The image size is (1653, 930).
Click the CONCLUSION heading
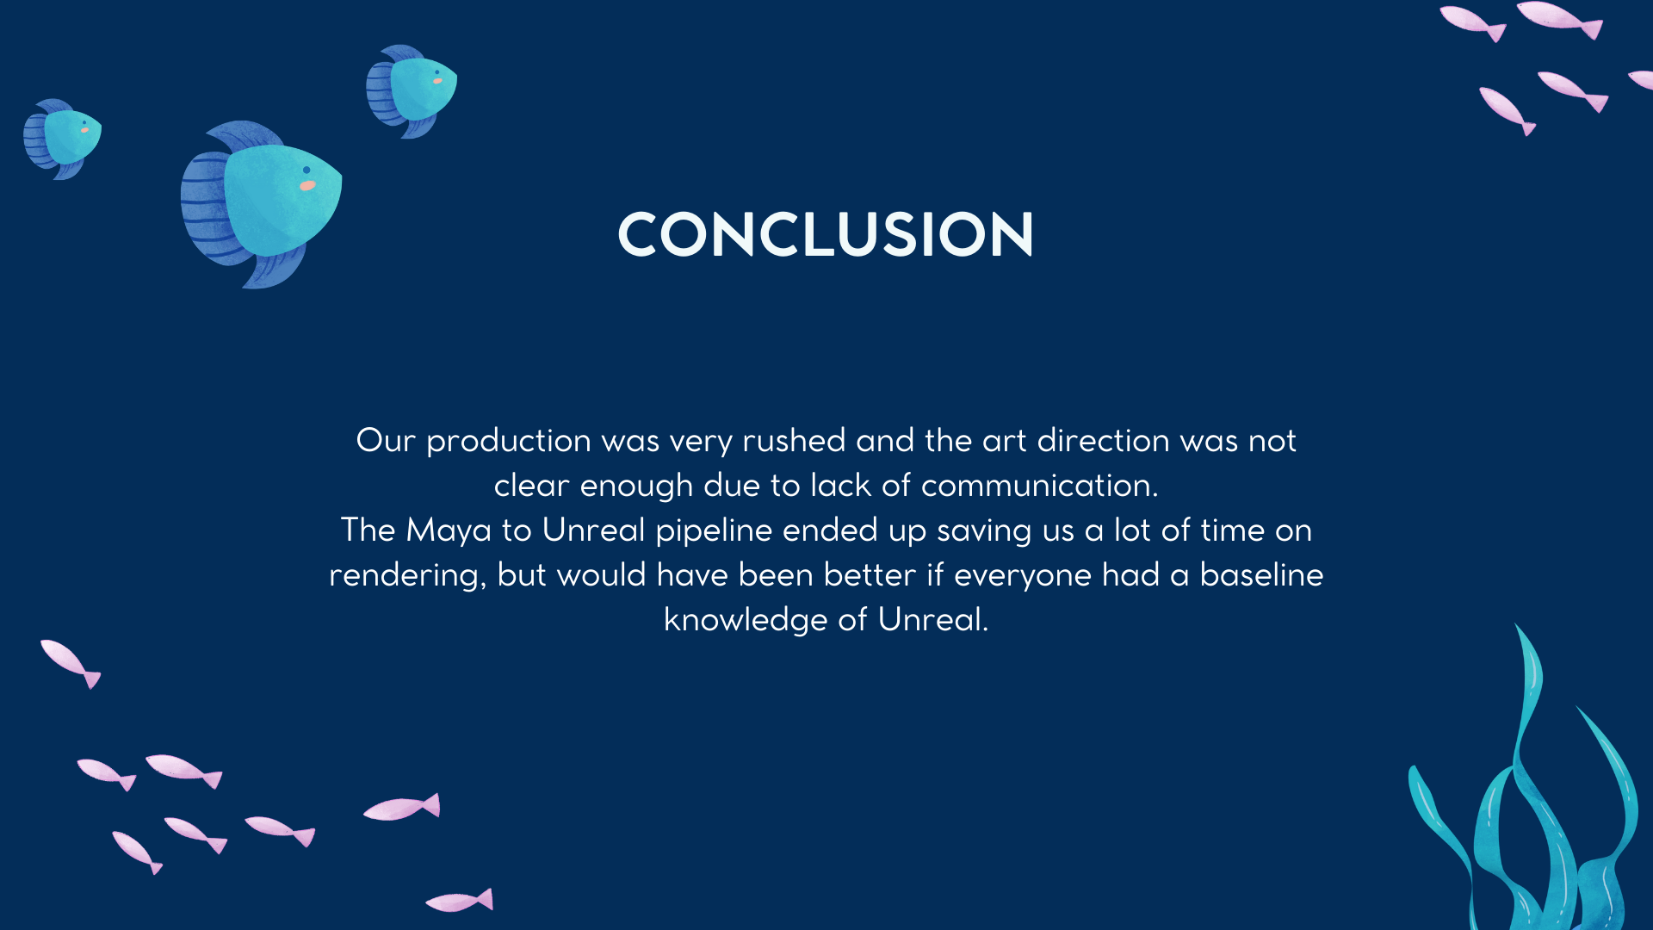[826, 234]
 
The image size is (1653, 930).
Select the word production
[509, 442]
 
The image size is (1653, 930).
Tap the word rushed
[794, 440]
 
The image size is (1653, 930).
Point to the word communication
[1036, 485]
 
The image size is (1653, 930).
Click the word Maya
[449, 531]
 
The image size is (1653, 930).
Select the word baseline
[1261, 574]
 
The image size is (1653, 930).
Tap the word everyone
[1023, 576]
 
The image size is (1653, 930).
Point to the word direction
[1104, 440]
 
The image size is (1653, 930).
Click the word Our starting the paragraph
[386, 440]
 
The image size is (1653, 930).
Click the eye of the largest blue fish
[306, 170]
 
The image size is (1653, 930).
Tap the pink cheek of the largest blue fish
[307, 185]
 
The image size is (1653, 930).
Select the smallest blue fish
[62, 139]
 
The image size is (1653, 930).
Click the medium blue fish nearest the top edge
[412, 91]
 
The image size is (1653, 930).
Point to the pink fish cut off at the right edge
[1641, 80]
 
